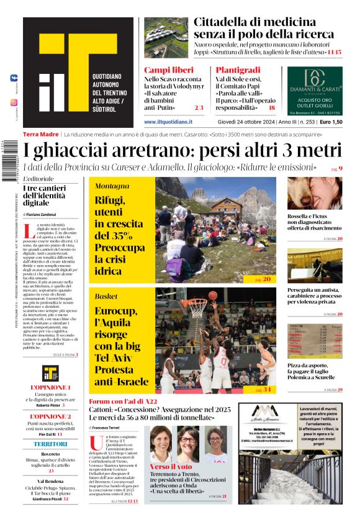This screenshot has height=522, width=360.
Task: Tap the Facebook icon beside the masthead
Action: pos(14,78)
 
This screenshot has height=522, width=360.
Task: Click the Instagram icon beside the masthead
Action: pos(14,102)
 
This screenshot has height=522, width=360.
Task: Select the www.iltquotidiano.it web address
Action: pos(168,122)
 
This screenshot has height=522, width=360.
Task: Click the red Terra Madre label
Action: pos(41,135)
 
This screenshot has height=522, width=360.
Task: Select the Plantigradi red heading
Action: pos(238,70)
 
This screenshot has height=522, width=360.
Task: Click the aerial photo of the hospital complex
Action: pos(166,37)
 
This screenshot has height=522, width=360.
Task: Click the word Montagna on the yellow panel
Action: pos(112,186)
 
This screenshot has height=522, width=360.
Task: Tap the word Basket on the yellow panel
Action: pos(106,296)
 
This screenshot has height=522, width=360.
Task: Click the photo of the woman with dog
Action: pos(314,192)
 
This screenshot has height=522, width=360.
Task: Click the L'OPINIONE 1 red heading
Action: pos(50,387)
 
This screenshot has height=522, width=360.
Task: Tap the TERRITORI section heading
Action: pos(50,444)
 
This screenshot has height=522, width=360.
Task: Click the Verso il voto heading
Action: pos(171,466)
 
